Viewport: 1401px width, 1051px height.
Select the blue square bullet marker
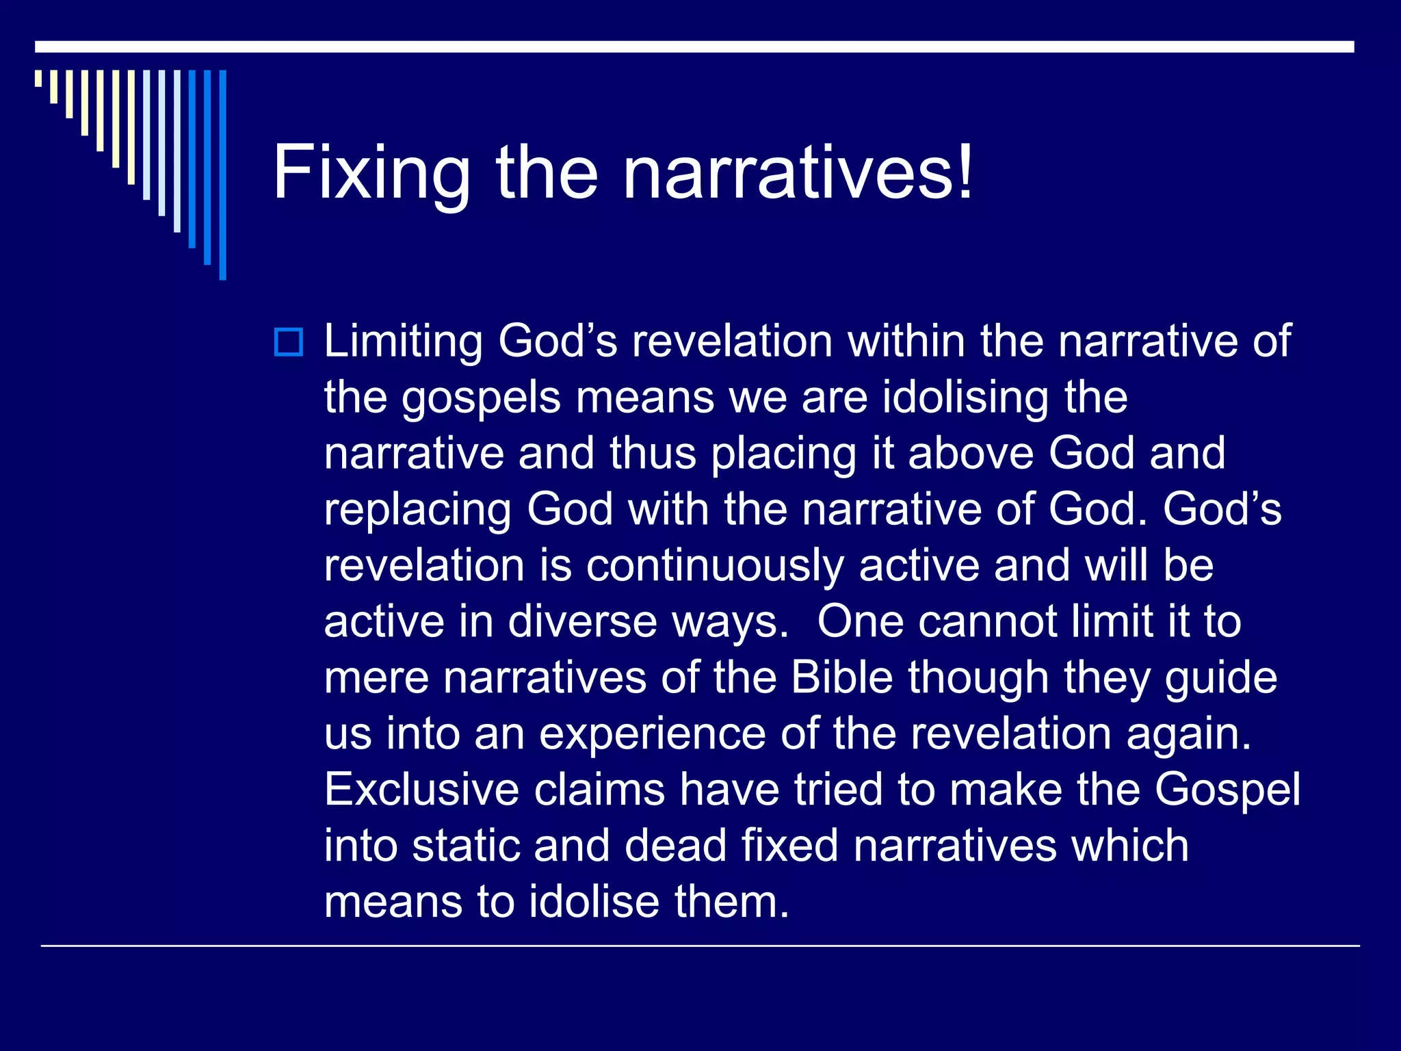click(288, 342)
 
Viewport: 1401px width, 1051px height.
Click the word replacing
click(417, 510)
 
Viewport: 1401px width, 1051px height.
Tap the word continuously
click(715, 567)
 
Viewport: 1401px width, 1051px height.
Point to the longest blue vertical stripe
click(222, 174)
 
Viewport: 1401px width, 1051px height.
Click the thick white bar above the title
click(694, 47)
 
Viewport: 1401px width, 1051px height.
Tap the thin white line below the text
click(700, 946)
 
